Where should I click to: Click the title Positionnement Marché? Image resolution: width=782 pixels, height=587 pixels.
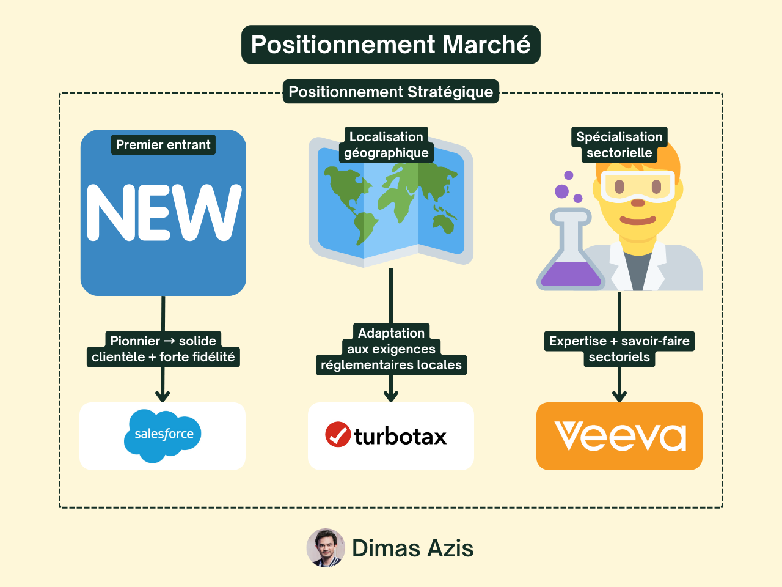click(391, 45)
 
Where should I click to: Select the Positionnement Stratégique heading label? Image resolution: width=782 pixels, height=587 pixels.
click(391, 92)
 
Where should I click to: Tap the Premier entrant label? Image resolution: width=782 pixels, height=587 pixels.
click(163, 145)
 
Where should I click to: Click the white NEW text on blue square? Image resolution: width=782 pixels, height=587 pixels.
click(163, 212)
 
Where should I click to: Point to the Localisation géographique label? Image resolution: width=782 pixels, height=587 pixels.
click(386, 145)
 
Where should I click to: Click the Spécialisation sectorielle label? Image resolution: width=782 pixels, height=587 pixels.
click(619, 145)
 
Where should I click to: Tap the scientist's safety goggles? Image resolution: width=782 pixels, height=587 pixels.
click(638, 185)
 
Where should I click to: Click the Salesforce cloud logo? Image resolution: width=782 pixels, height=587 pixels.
click(163, 435)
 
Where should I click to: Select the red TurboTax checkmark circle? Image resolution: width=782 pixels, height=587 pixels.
click(338, 435)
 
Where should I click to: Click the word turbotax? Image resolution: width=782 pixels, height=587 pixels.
click(401, 437)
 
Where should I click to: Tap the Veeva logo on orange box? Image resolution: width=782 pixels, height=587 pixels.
click(619, 436)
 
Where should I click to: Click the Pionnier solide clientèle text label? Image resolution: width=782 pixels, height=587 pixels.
click(163, 349)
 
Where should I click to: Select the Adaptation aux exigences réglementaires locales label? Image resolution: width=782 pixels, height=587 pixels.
click(391, 349)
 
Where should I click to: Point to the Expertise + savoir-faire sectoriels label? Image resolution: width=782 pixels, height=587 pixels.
click(619, 349)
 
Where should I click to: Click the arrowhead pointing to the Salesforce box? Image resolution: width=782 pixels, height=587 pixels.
click(163, 395)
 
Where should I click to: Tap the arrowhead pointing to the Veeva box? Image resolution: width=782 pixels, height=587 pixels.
click(619, 395)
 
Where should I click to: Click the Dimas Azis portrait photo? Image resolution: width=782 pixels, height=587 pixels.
click(326, 548)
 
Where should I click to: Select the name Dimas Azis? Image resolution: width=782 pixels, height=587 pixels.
click(412, 548)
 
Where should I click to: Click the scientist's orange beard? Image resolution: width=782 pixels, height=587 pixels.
click(638, 220)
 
